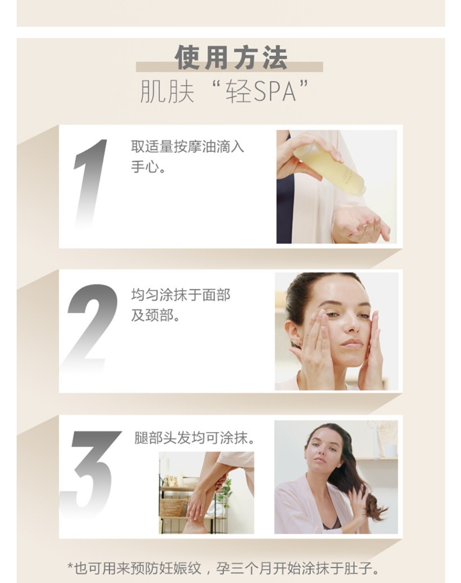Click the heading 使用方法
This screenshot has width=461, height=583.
(231, 58)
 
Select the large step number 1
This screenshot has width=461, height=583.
(90, 184)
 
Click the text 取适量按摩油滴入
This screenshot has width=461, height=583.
(187, 147)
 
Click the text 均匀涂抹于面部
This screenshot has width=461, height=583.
(181, 295)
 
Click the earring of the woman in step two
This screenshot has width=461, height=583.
(300, 343)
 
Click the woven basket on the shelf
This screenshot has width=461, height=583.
(173, 507)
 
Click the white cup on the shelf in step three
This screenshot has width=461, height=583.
(391, 450)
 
